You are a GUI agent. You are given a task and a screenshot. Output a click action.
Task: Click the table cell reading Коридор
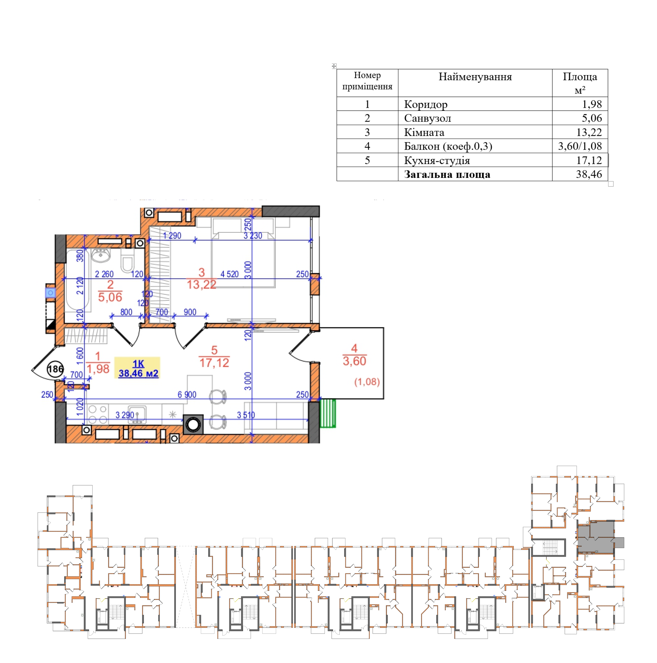425,104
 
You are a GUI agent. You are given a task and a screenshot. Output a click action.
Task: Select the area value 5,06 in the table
592,118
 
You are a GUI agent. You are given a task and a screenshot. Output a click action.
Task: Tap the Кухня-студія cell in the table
437,160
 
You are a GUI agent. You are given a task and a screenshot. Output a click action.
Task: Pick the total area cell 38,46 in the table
589,174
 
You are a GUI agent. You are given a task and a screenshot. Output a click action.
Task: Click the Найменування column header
475,76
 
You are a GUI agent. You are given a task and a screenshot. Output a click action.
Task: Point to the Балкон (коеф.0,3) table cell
448,146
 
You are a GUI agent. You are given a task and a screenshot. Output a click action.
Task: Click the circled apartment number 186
55,369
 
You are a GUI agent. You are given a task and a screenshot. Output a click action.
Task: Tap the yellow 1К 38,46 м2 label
138,368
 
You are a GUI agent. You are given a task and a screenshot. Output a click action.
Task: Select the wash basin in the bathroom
101,255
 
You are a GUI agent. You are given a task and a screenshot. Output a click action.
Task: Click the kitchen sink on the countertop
137,415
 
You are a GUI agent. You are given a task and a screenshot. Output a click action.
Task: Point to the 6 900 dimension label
187,395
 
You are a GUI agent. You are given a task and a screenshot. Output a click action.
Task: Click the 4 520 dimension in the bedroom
229,274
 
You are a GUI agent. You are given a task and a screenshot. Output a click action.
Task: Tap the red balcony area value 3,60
354,361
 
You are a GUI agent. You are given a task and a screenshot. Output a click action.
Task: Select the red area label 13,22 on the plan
201,284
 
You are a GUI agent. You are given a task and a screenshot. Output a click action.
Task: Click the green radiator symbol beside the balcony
327,413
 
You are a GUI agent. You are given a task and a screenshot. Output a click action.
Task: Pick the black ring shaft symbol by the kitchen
193,424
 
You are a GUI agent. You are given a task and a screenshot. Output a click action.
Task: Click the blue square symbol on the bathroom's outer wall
50,293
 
